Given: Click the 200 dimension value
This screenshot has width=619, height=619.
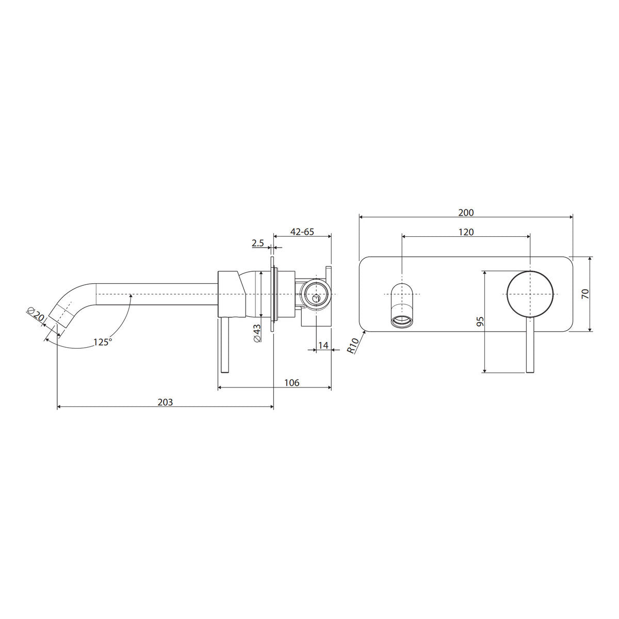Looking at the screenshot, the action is click(466, 213).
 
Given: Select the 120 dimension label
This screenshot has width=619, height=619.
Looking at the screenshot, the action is click(466, 232).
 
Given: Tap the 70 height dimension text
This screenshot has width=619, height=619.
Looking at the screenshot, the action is click(585, 294).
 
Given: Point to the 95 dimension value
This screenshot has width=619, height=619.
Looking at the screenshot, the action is click(480, 321).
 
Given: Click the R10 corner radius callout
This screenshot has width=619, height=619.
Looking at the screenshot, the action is click(353, 346).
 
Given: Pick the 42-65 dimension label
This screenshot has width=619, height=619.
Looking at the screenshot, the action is click(302, 232).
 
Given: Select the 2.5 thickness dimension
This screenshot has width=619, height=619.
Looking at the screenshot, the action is click(257, 243).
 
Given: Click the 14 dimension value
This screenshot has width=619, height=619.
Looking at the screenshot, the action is click(323, 345).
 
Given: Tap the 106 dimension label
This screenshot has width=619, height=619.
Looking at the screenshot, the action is click(291, 383).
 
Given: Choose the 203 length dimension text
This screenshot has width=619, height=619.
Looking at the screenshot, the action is click(165, 402).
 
